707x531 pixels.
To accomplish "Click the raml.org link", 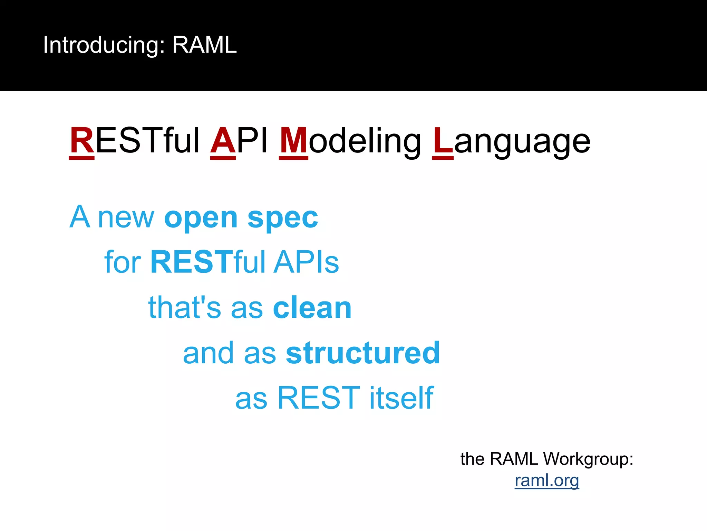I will pyautogui.click(x=546, y=480).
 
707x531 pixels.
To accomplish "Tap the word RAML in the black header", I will pyautogui.click(x=204, y=45).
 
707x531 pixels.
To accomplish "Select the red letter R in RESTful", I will pyautogui.click(x=82, y=141).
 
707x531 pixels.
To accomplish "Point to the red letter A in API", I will pyautogui.click(x=223, y=141).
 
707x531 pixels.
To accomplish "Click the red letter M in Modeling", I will pyautogui.click(x=293, y=141).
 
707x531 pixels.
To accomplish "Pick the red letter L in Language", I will pyautogui.click(x=443, y=141).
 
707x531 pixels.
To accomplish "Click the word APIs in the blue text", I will pyautogui.click(x=307, y=262).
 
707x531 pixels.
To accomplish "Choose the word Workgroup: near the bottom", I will pyautogui.click(x=588, y=459).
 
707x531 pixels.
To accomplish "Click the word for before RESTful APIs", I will pyautogui.click(x=123, y=262).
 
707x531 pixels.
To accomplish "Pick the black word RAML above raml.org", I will pyautogui.click(x=514, y=459).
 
